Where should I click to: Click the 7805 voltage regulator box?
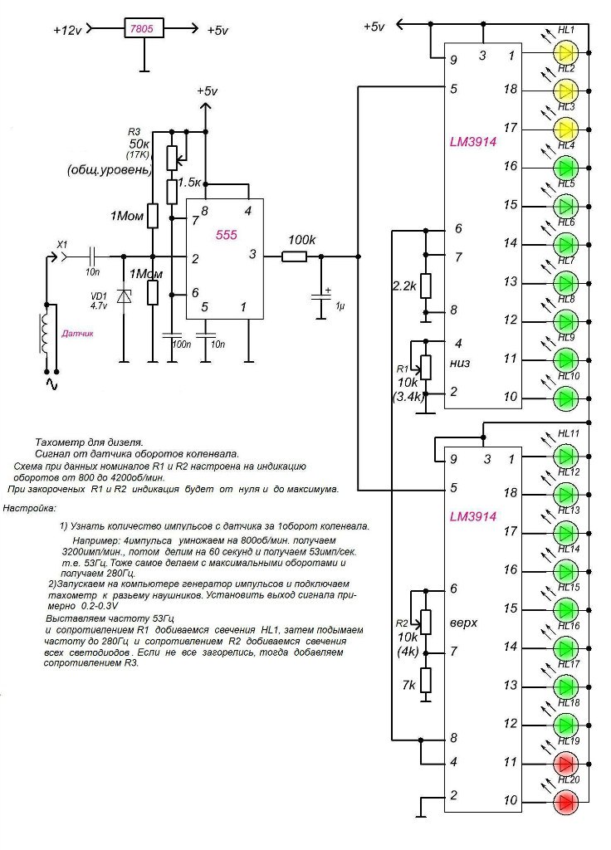click(x=144, y=29)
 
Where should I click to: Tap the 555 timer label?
click(x=226, y=236)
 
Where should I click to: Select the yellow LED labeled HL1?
click(x=566, y=52)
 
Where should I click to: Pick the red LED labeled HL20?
click(x=566, y=801)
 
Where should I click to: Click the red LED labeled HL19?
click(x=566, y=762)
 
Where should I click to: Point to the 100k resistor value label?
click(x=302, y=240)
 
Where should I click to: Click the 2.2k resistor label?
click(x=404, y=286)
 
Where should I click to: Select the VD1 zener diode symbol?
click(x=124, y=297)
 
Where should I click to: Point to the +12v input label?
click(x=68, y=30)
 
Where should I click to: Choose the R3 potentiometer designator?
click(x=134, y=132)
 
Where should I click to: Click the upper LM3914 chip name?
click(x=473, y=142)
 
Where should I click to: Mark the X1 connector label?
click(x=61, y=244)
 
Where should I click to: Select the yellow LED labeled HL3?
click(x=566, y=129)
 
